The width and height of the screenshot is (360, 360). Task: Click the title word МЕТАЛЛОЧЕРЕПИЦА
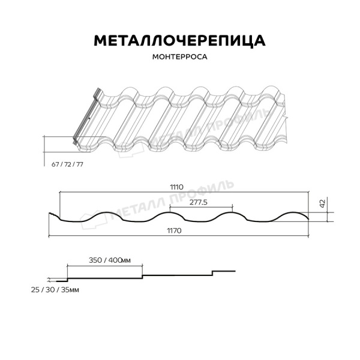179,40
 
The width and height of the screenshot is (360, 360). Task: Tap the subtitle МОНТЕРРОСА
179,59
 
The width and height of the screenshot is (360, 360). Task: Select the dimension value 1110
177,187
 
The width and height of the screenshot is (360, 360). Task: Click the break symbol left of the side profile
48,280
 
